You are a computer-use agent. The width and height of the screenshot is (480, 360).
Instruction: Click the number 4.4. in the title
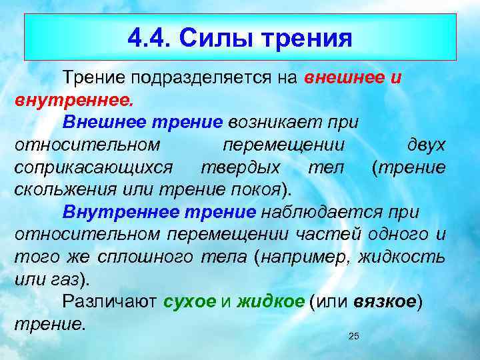150,38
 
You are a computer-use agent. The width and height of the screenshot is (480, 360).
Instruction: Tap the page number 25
354,336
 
